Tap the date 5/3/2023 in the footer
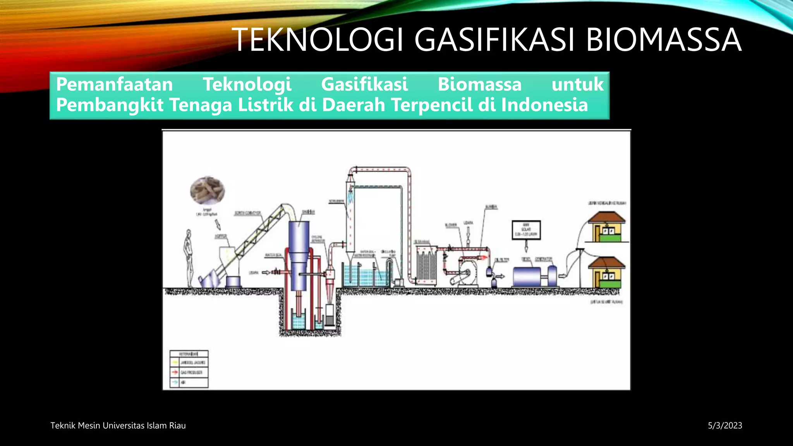pos(725,425)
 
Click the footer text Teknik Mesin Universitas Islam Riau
pos(118,425)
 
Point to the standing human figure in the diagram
pos(189,257)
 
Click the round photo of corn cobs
pos(207,191)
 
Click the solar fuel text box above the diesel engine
pos(526,230)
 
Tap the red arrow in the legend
pos(175,372)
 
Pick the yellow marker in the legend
pos(175,362)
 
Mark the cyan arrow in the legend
pos(175,382)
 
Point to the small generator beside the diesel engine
pos(553,276)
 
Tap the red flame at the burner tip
pos(483,257)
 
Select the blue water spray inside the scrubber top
pos(351,196)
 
